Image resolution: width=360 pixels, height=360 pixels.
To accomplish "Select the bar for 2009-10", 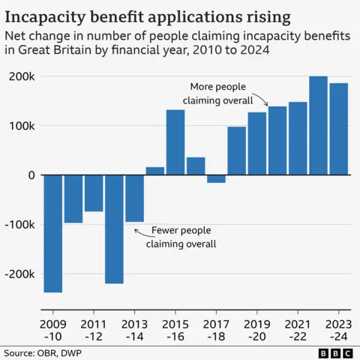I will click(52, 233).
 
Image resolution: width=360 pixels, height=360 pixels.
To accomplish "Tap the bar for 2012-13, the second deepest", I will click(114, 229).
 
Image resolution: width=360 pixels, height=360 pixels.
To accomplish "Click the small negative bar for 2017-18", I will click(216, 178).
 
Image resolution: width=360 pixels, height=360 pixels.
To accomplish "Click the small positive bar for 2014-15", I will click(155, 171).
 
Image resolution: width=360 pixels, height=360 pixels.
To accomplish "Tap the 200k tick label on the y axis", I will click(22, 76).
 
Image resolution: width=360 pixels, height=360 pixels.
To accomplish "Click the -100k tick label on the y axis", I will click(19, 224).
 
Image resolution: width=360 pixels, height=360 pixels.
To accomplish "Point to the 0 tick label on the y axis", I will click(31, 175).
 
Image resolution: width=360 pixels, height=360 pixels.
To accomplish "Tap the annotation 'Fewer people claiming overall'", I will click(181, 237).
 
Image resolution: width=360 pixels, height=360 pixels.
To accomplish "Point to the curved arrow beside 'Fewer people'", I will click(141, 231).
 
